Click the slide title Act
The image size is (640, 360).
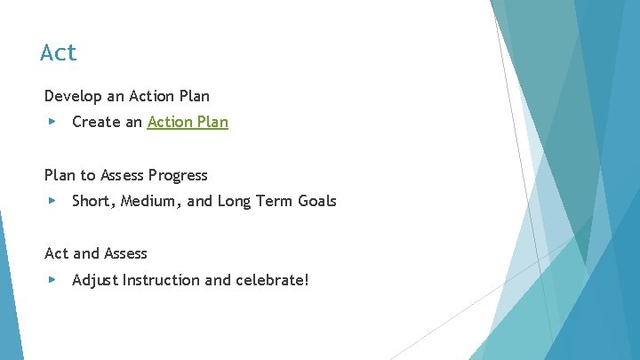[x=59, y=53]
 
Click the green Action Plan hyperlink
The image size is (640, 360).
[x=188, y=122]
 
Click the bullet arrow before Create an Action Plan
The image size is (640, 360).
[x=52, y=122]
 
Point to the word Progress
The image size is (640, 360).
[x=179, y=175]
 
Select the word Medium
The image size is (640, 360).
[x=149, y=201]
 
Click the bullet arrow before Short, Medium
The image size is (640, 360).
[x=52, y=201]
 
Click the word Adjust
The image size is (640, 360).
[x=95, y=280]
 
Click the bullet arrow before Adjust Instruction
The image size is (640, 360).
[x=52, y=280]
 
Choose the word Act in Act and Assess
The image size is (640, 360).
[x=56, y=254]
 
